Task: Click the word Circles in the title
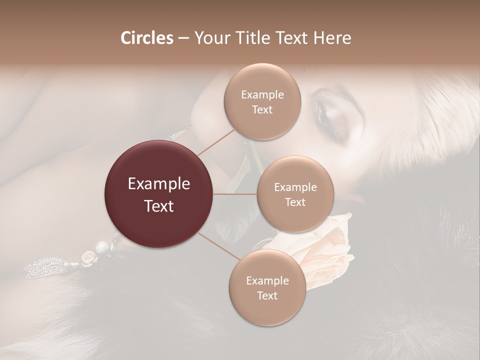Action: point(147,38)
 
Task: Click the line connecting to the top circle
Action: point(216,142)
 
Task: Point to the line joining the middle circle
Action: point(235,194)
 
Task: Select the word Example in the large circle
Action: point(159,184)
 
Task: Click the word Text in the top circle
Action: point(262,109)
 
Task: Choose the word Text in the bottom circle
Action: point(267,295)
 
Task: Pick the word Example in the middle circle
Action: point(295,187)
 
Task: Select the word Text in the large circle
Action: point(159,206)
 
